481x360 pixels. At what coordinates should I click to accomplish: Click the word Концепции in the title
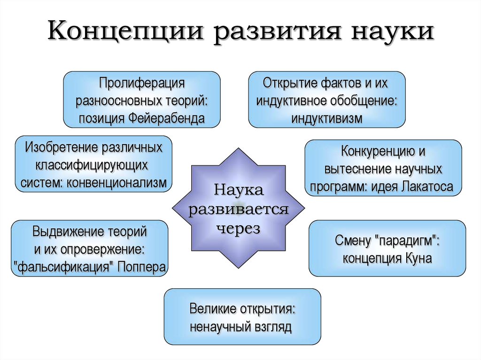click(125, 31)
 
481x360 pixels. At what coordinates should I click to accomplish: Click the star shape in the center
click(238, 208)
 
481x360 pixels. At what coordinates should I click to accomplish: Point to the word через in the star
click(238, 228)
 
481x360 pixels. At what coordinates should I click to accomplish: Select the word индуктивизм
click(326, 118)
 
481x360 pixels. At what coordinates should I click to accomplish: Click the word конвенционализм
click(116, 183)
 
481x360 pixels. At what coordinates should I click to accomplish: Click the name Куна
click(419, 258)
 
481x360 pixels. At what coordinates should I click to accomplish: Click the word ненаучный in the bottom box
click(220, 327)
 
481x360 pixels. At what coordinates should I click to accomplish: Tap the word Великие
click(213, 309)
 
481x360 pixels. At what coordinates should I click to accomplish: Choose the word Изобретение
click(61, 147)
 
